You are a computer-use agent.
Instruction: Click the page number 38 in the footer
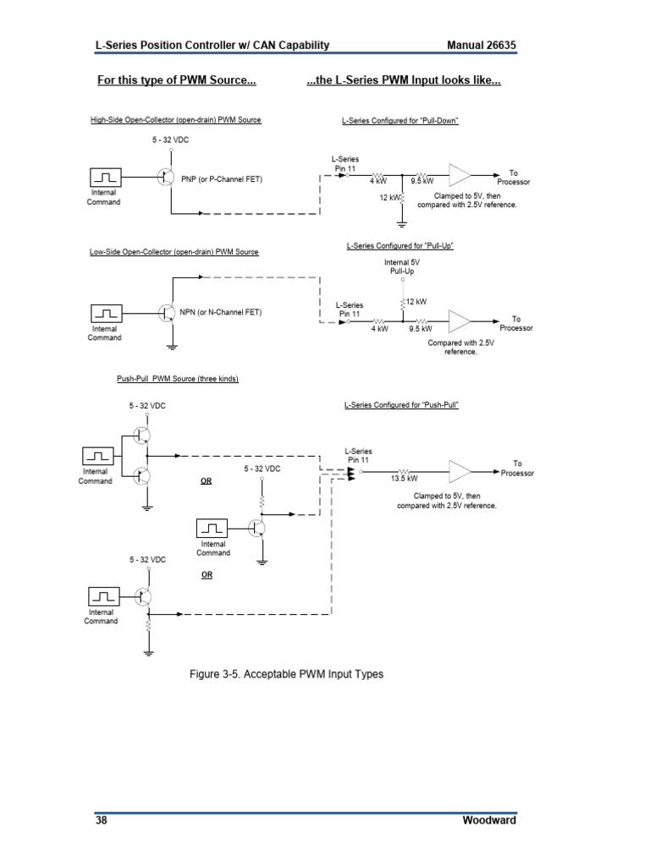click(101, 820)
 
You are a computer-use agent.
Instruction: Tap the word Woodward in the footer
click(489, 820)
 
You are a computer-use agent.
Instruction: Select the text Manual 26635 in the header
click(481, 45)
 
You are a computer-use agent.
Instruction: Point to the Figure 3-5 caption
click(285, 674)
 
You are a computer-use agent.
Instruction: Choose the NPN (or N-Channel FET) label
click(221, 312)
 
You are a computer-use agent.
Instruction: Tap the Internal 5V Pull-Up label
click(402, 268)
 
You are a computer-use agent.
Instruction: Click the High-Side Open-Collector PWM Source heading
click(176, 120)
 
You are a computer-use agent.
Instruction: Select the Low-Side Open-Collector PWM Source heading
click(174, 252)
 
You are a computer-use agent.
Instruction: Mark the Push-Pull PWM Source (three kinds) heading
click(177, 379)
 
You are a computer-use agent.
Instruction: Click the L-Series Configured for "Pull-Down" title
click(400, 121)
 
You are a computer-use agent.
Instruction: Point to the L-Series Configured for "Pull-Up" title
click(400, 246)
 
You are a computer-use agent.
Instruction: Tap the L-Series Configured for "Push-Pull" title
click(401, 405)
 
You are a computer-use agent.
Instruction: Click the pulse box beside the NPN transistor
click(107, 312)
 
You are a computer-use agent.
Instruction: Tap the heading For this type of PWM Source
click(176, 81)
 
